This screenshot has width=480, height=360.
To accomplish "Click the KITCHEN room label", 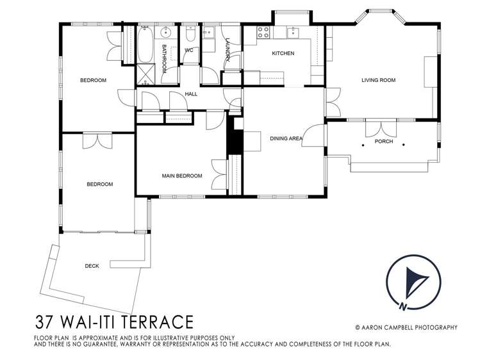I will point(283,53).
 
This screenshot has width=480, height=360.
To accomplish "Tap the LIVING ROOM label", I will point(378,80).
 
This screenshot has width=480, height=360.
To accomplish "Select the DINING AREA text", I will point(286,138).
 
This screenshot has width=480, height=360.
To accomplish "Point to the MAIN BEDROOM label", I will point(181,176).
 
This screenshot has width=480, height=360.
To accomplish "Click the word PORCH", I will point(384,142).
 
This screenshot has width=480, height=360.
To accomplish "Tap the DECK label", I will point(92,266).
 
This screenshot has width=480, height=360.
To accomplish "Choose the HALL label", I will point(191,94).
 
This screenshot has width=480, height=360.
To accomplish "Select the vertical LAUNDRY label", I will point(228,50).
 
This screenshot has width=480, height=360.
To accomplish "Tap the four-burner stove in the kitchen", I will point(263,32).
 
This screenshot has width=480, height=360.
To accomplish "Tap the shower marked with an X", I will point(145,75).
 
